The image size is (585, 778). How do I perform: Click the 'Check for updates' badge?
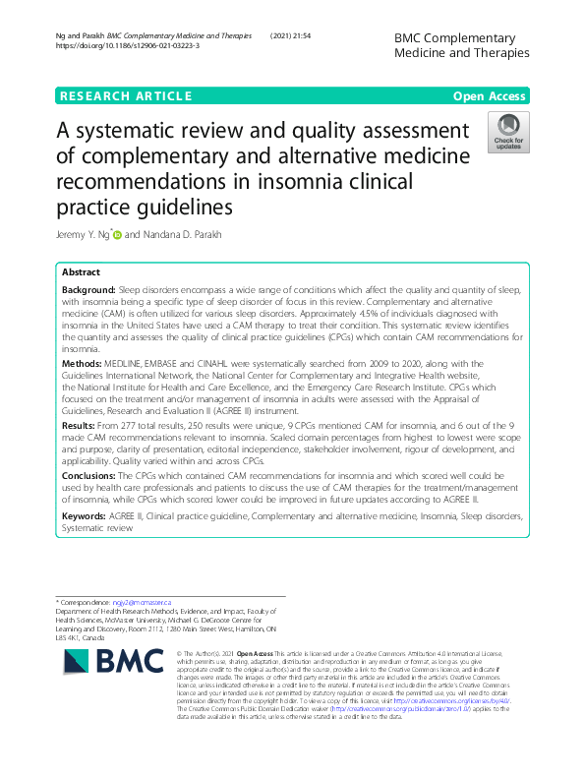pos(507,133)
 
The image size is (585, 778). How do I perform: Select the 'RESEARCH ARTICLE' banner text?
pos(126,95)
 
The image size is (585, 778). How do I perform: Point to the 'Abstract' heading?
pos(81,271)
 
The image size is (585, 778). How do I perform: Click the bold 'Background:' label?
pos(88,291)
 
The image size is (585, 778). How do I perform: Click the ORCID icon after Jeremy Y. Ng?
pos(119,235)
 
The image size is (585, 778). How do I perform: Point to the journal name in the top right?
pos(460,44)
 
